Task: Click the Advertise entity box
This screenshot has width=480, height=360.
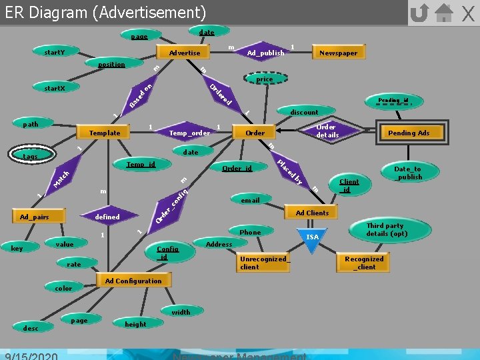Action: pos(185,52)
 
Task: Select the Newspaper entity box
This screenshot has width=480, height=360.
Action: pos(338,53)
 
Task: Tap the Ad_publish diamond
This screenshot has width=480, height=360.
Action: pos(265,53)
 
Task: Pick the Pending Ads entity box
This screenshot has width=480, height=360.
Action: pos(409,133)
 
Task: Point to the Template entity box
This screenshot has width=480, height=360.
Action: pos(105,133)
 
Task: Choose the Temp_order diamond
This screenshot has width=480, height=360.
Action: pos(189,133)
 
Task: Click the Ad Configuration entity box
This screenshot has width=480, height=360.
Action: pos(133,281)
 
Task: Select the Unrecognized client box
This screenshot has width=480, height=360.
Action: pos(263,263)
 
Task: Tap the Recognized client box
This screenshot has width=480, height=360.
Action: pos(364,263)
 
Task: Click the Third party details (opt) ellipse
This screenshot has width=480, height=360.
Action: pos(386,230)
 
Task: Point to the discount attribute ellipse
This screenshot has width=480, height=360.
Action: pos(304,112)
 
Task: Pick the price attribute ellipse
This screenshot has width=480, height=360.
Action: pos(264,79)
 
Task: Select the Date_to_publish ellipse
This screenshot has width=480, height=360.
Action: pos(408,173)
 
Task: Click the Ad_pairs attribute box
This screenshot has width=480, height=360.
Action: pos(34,217)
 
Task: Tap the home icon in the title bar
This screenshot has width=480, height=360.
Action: pos(444,13)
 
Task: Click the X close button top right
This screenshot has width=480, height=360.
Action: pos(468,13)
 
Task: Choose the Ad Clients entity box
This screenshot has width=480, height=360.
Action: pos(312,213)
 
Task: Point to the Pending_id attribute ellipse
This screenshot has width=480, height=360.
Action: pos(393,100)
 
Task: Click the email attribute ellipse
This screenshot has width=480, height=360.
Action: pos(251,199)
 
